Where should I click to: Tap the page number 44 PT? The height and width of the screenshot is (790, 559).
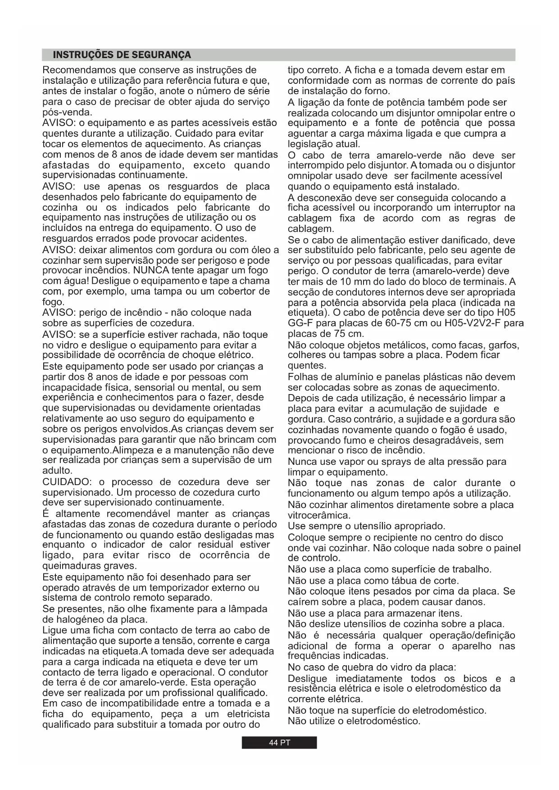pyautogui.click(x=279, y=742)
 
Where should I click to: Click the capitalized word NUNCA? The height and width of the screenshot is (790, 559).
pyautogui.click(x=151, y=270)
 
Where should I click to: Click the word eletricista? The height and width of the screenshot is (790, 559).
pyautogui.click(x=248, y=714)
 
